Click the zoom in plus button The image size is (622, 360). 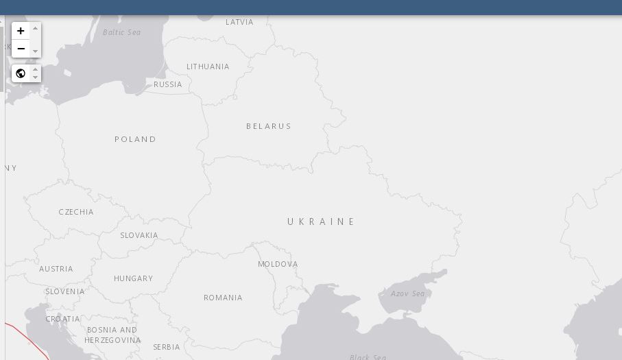21,31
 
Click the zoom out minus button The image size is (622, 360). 21,49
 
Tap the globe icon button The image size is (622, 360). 21,73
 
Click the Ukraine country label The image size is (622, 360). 321,221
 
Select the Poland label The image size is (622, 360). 135,139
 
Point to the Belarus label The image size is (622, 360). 269,126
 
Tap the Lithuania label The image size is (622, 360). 208,67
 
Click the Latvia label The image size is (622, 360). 239,22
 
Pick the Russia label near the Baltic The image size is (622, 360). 168,84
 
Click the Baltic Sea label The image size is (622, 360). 121,32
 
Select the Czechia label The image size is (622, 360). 76,212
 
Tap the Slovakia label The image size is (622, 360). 139,235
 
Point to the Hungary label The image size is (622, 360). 133,278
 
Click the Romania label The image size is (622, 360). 223,298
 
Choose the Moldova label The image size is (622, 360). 278,264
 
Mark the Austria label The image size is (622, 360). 56,269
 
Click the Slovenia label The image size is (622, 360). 65,291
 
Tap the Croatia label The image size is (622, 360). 62,319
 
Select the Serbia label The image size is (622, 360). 167,347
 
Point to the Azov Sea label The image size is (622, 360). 407,293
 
